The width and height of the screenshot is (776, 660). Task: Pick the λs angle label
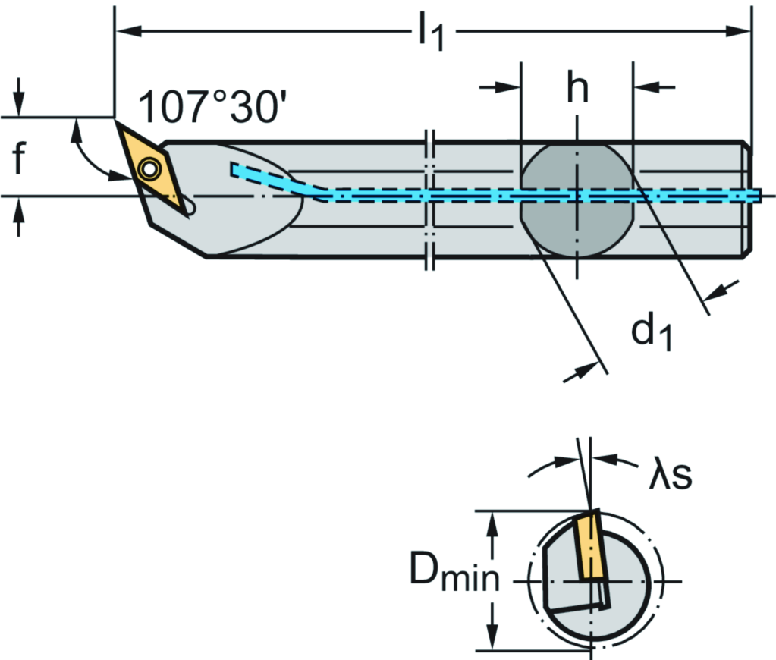point(670,476)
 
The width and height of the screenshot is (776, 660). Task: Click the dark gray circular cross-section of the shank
point(577,199)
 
